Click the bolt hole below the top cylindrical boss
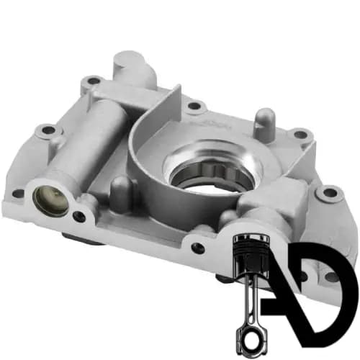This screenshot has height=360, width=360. coord(93,81)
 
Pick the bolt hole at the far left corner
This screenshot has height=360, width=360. coord(18,194)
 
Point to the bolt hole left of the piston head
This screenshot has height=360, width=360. coord(198,248)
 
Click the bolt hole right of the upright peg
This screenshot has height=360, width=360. coord(300,135)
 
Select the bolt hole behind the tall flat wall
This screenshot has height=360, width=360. coord(194,106)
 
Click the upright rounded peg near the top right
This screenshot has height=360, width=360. coord(264,125)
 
